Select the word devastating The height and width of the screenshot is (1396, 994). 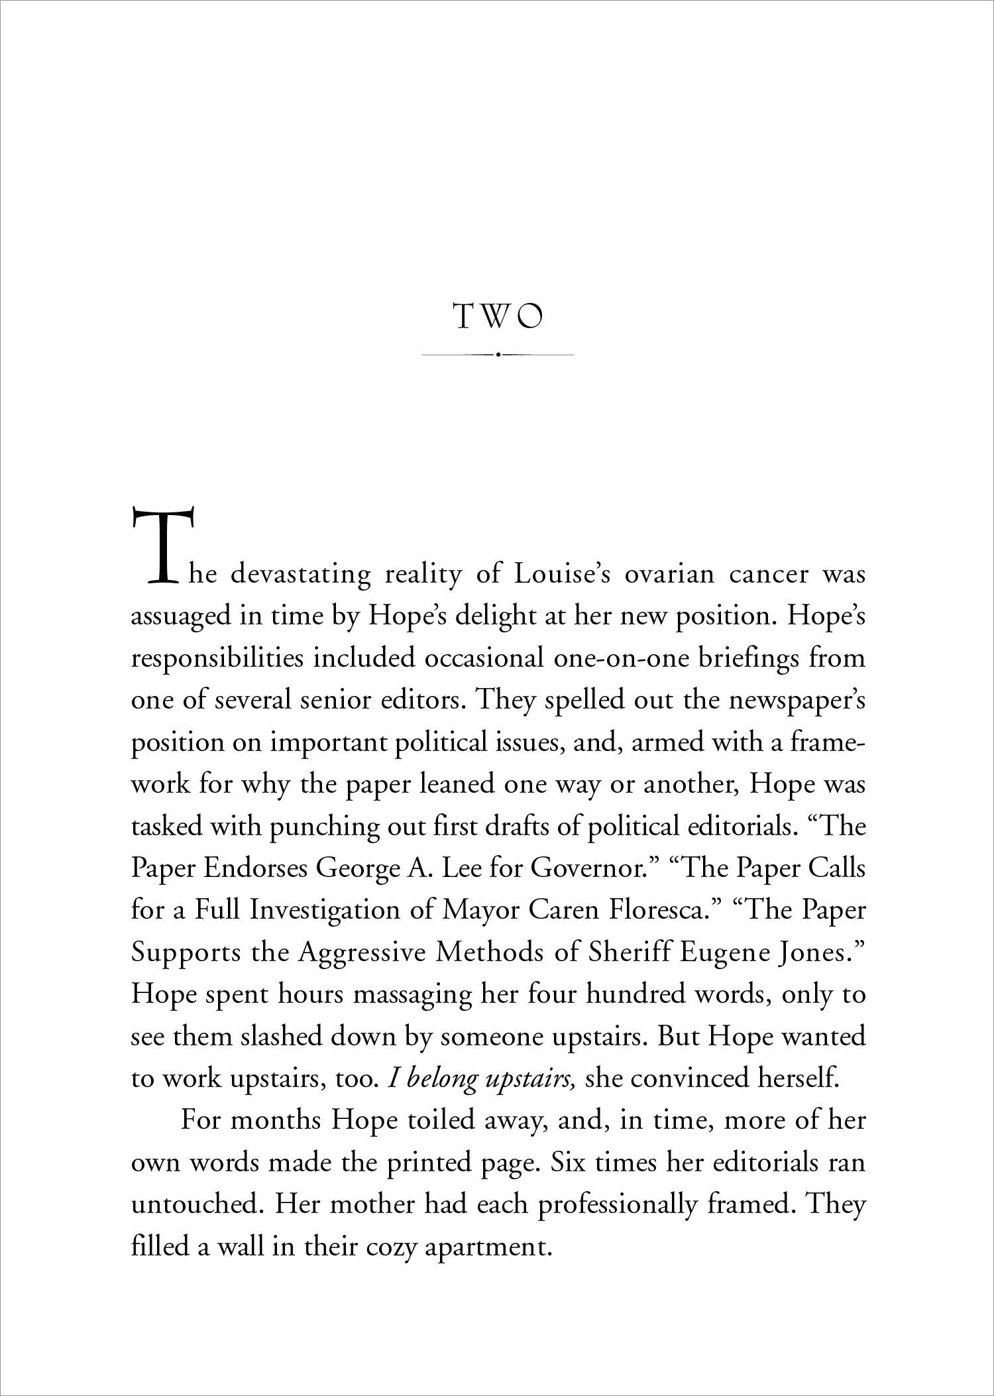300,574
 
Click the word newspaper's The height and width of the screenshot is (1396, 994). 797,701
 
